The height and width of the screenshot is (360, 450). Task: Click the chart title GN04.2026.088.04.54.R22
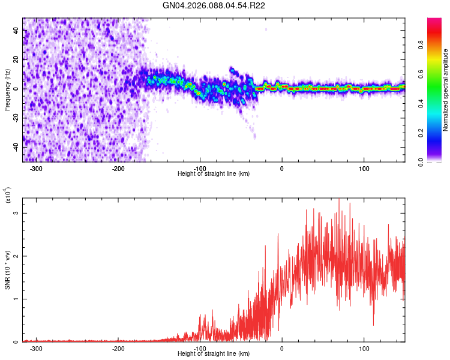tap(214, 5)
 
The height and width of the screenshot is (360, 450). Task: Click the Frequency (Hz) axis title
tap(8, 90)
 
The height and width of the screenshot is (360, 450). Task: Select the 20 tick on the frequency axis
tap(16, 59)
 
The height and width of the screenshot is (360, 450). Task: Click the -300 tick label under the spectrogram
tap(36, 168)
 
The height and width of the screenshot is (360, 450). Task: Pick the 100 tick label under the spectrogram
tap(364, 168)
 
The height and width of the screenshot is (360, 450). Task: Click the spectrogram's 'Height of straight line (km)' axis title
tap(214, 174)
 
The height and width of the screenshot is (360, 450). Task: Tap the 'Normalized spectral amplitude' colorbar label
tap(445, 90)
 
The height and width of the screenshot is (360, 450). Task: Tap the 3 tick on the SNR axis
tap(17, 213)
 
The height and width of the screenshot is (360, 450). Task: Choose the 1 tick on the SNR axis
tap(17, 299)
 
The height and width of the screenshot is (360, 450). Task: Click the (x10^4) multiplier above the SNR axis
tap(8, 195)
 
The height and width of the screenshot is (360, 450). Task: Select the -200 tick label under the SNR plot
tap(118, 348)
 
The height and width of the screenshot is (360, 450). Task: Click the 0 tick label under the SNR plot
tap(282, 348)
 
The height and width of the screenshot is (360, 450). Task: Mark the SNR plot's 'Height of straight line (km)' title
tap(214, 354)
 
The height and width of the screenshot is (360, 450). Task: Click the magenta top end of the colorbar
tap(434, 22)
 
